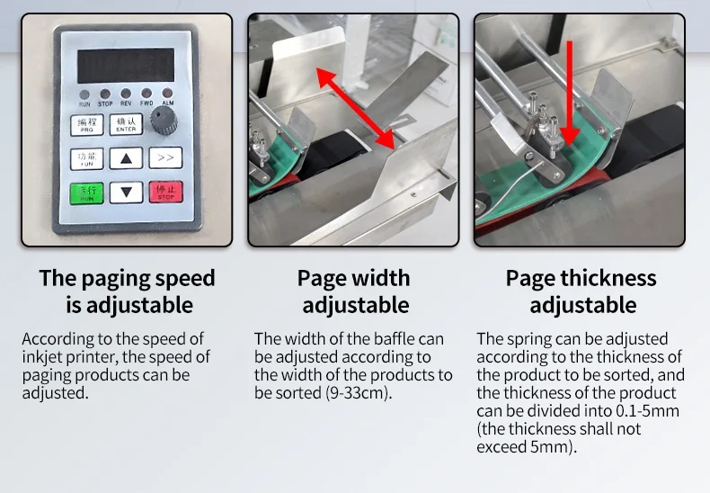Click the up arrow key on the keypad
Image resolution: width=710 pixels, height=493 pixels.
(x=126, y=159)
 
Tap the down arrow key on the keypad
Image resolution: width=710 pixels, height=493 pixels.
(x=126, y=192)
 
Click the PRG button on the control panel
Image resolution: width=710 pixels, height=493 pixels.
(x=86, y=125)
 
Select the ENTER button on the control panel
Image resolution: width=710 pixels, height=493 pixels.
(x=126, y=125)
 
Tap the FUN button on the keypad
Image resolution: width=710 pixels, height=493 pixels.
(x=86, y=159)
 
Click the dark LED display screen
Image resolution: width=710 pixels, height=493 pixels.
(x=126, y=65)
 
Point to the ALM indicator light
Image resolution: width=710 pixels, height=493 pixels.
(x=167, y=94)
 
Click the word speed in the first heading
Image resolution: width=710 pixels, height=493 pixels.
(x=182, y=277)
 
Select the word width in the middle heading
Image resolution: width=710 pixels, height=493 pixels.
(x=382, y=278)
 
